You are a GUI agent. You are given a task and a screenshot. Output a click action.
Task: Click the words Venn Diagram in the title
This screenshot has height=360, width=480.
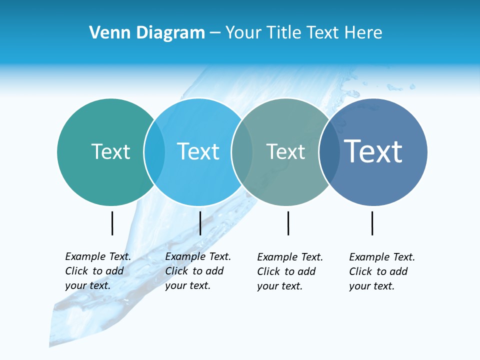click(x=147, y=33)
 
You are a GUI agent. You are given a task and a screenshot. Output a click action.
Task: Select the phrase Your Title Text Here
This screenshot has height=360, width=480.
click(x=303, y=33)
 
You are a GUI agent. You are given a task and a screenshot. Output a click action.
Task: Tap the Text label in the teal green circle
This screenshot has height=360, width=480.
click(x=110, y=151)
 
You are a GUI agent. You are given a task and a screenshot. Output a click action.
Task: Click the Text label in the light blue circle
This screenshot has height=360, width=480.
click(x=198, y=151)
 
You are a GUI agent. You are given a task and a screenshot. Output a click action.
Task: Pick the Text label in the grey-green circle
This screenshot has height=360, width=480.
click(x=285, y=151)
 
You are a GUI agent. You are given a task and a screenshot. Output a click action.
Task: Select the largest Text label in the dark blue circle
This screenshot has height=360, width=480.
click(x=373, y=151)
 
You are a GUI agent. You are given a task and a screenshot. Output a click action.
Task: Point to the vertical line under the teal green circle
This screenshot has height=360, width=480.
click(x=112, y=223)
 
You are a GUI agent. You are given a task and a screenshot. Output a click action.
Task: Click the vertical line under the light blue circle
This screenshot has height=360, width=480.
click(x=200, y=223)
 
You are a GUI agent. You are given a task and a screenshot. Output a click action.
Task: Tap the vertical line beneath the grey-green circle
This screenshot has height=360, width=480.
click(x=288, y=223)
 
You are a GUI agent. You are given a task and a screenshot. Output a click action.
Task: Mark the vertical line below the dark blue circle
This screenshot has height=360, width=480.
click(x=372, y=223)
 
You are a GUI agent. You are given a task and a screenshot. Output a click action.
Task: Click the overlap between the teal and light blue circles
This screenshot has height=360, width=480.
click(x=155, y=152)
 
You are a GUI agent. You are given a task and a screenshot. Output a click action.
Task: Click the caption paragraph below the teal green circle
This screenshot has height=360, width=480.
click(x=98, y=271)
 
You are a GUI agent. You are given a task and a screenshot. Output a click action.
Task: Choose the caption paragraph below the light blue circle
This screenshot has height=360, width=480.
click(x=198, y=271)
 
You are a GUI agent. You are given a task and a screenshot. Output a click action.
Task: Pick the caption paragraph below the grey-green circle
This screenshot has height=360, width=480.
click(x=290, y=271)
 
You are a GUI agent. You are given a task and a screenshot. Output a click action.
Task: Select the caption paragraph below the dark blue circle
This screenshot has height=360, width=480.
click(x=382, y=271)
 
